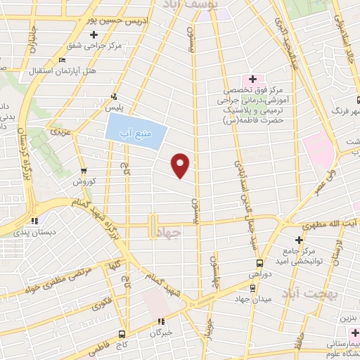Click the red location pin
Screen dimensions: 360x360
181,165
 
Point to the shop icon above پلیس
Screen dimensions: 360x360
113,97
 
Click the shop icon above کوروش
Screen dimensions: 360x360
84,171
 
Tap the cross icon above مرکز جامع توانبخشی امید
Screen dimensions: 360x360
300,240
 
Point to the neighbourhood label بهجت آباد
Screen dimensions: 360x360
310,290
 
